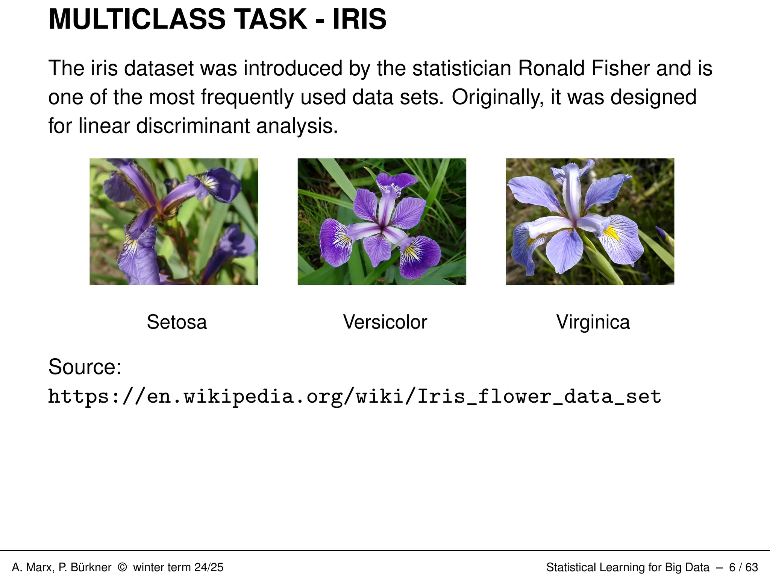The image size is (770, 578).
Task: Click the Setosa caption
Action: click(177, 322)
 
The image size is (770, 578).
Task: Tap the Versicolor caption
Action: click(385, 322)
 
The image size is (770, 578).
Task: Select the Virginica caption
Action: click(593, 322)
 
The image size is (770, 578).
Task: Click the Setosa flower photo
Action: click(174, 221)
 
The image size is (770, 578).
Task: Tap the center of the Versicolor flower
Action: click(382, 227)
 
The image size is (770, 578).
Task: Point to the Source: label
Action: click(85, 367)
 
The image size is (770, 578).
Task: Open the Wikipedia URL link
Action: click(355, 397)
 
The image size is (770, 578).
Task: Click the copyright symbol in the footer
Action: click(122, 567)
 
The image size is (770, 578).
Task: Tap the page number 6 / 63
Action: click(743, 567)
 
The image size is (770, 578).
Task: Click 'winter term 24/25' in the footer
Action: click(178, 567)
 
